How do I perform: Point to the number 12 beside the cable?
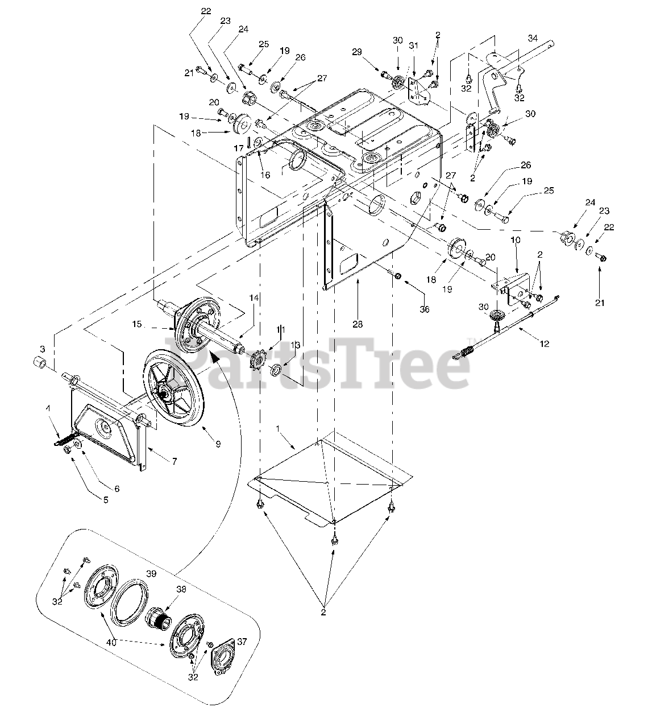tap(544, 344)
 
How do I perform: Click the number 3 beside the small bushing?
tap(41, 348)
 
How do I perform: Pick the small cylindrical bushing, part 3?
tap(38, 363)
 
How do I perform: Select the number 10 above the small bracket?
tap(516, 256)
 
